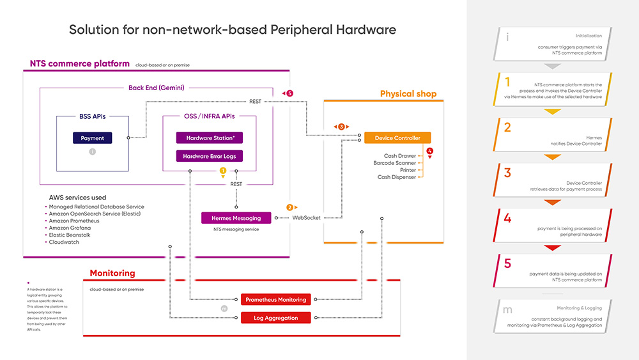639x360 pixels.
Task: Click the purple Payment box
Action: [93, 137]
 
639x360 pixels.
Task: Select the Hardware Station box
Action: [210, 137]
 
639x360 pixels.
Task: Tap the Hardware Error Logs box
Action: [210, 156]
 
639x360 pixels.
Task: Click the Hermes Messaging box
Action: [236, 218]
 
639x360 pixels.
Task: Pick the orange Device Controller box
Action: [397, 137]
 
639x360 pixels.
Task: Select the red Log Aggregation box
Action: [275, 317]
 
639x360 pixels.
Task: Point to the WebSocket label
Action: [307, 218]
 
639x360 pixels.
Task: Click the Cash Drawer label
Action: [400, 156]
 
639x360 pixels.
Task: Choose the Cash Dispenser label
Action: [397, 177]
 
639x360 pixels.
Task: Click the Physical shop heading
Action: [408, 94]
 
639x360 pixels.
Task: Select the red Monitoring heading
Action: [112, 273]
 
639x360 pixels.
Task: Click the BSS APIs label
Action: [93, 116]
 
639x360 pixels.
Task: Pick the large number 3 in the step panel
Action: [507, 173]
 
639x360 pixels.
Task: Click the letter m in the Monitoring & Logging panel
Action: [508, 310]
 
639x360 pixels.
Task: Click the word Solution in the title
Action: [94, 30]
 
